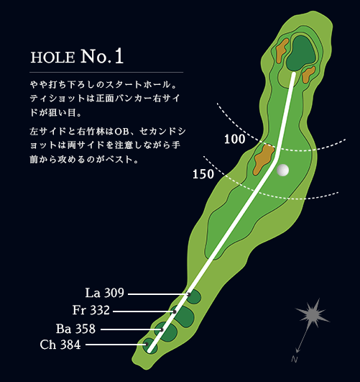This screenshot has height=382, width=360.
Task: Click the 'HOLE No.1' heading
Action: pos(77,56)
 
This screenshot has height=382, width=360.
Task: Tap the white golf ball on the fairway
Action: pos(283,170)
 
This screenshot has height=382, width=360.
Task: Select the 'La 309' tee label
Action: pos(105,293)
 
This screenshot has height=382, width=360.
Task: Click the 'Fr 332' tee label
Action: pos(91,310)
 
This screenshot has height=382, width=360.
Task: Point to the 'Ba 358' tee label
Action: pos(75,329)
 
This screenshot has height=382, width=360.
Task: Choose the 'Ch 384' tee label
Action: pos(60,345)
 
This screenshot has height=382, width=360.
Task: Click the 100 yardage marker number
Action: pos(235,140)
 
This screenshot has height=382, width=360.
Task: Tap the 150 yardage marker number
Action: pos(203,174)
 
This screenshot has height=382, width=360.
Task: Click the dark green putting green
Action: pos(301,54)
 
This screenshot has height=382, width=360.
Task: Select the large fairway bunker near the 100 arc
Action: pos(264,159)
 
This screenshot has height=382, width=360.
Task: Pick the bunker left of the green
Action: pos(282,50)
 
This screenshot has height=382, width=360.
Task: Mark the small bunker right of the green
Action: pos(308,74)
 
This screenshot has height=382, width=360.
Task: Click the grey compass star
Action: pos(313,314)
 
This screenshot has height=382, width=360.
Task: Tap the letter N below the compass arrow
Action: pos(295,359)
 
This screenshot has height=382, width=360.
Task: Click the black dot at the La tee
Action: pos(189,294)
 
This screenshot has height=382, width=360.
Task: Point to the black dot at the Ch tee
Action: pos(147,345)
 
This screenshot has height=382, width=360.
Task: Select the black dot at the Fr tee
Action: pos(175,311)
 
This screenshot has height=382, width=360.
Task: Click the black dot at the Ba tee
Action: pos(162,329)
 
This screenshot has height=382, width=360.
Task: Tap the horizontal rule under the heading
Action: pos(106,73)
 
